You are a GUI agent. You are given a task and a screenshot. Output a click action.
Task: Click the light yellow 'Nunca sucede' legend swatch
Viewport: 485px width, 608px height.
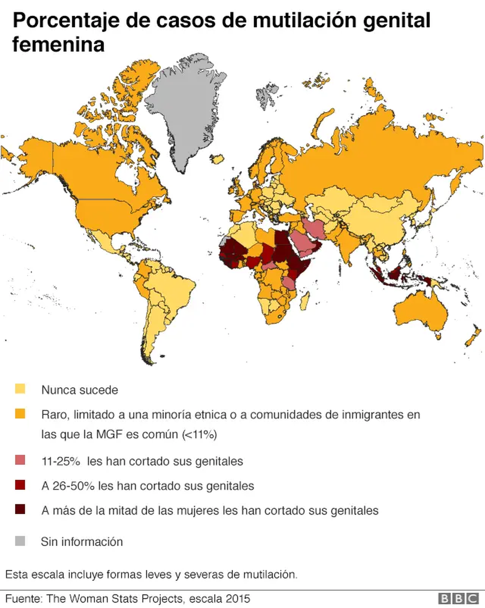(20, 389)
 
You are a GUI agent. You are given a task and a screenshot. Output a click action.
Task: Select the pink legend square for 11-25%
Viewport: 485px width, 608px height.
(20, 460)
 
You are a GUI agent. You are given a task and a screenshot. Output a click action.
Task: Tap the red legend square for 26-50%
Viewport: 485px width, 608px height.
(20, 485)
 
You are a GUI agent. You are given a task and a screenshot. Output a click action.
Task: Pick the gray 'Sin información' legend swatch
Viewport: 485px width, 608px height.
(20, 541)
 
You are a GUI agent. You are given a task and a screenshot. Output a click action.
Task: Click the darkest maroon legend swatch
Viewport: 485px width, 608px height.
(20, 509)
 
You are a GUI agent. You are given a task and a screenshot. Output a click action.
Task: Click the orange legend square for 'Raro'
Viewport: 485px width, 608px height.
(20, 414)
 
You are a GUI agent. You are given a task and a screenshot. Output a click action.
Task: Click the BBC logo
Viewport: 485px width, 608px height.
(458, 598)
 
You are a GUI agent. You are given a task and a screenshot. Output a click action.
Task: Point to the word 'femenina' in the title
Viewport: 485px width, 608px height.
(58, 44)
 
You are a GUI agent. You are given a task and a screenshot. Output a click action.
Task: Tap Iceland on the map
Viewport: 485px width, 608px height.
(218, 159)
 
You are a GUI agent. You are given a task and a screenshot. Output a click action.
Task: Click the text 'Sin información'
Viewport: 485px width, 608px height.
(82, 542)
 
